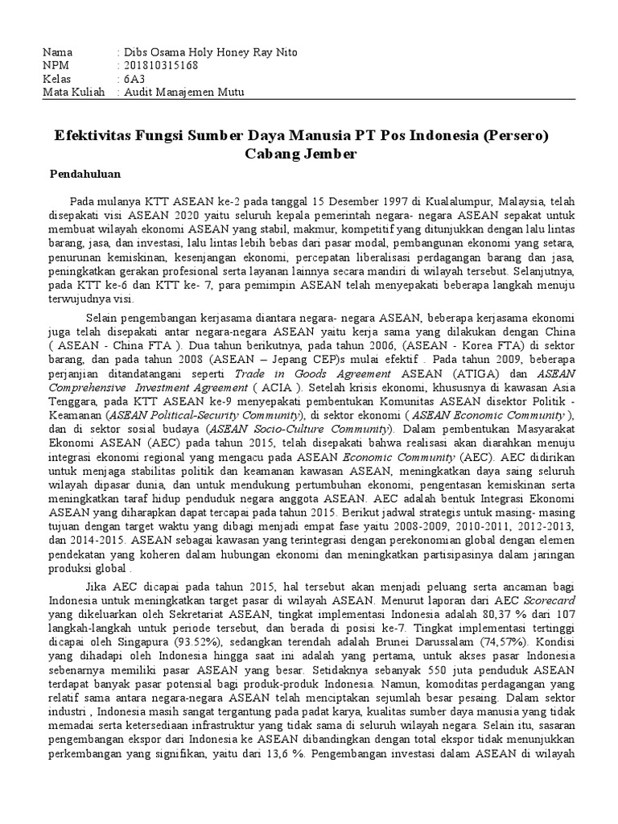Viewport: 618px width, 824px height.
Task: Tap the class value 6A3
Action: [133, 80]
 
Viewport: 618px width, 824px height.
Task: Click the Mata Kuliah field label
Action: [73, 93]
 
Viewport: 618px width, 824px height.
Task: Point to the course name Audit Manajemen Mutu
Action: [183, 93]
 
